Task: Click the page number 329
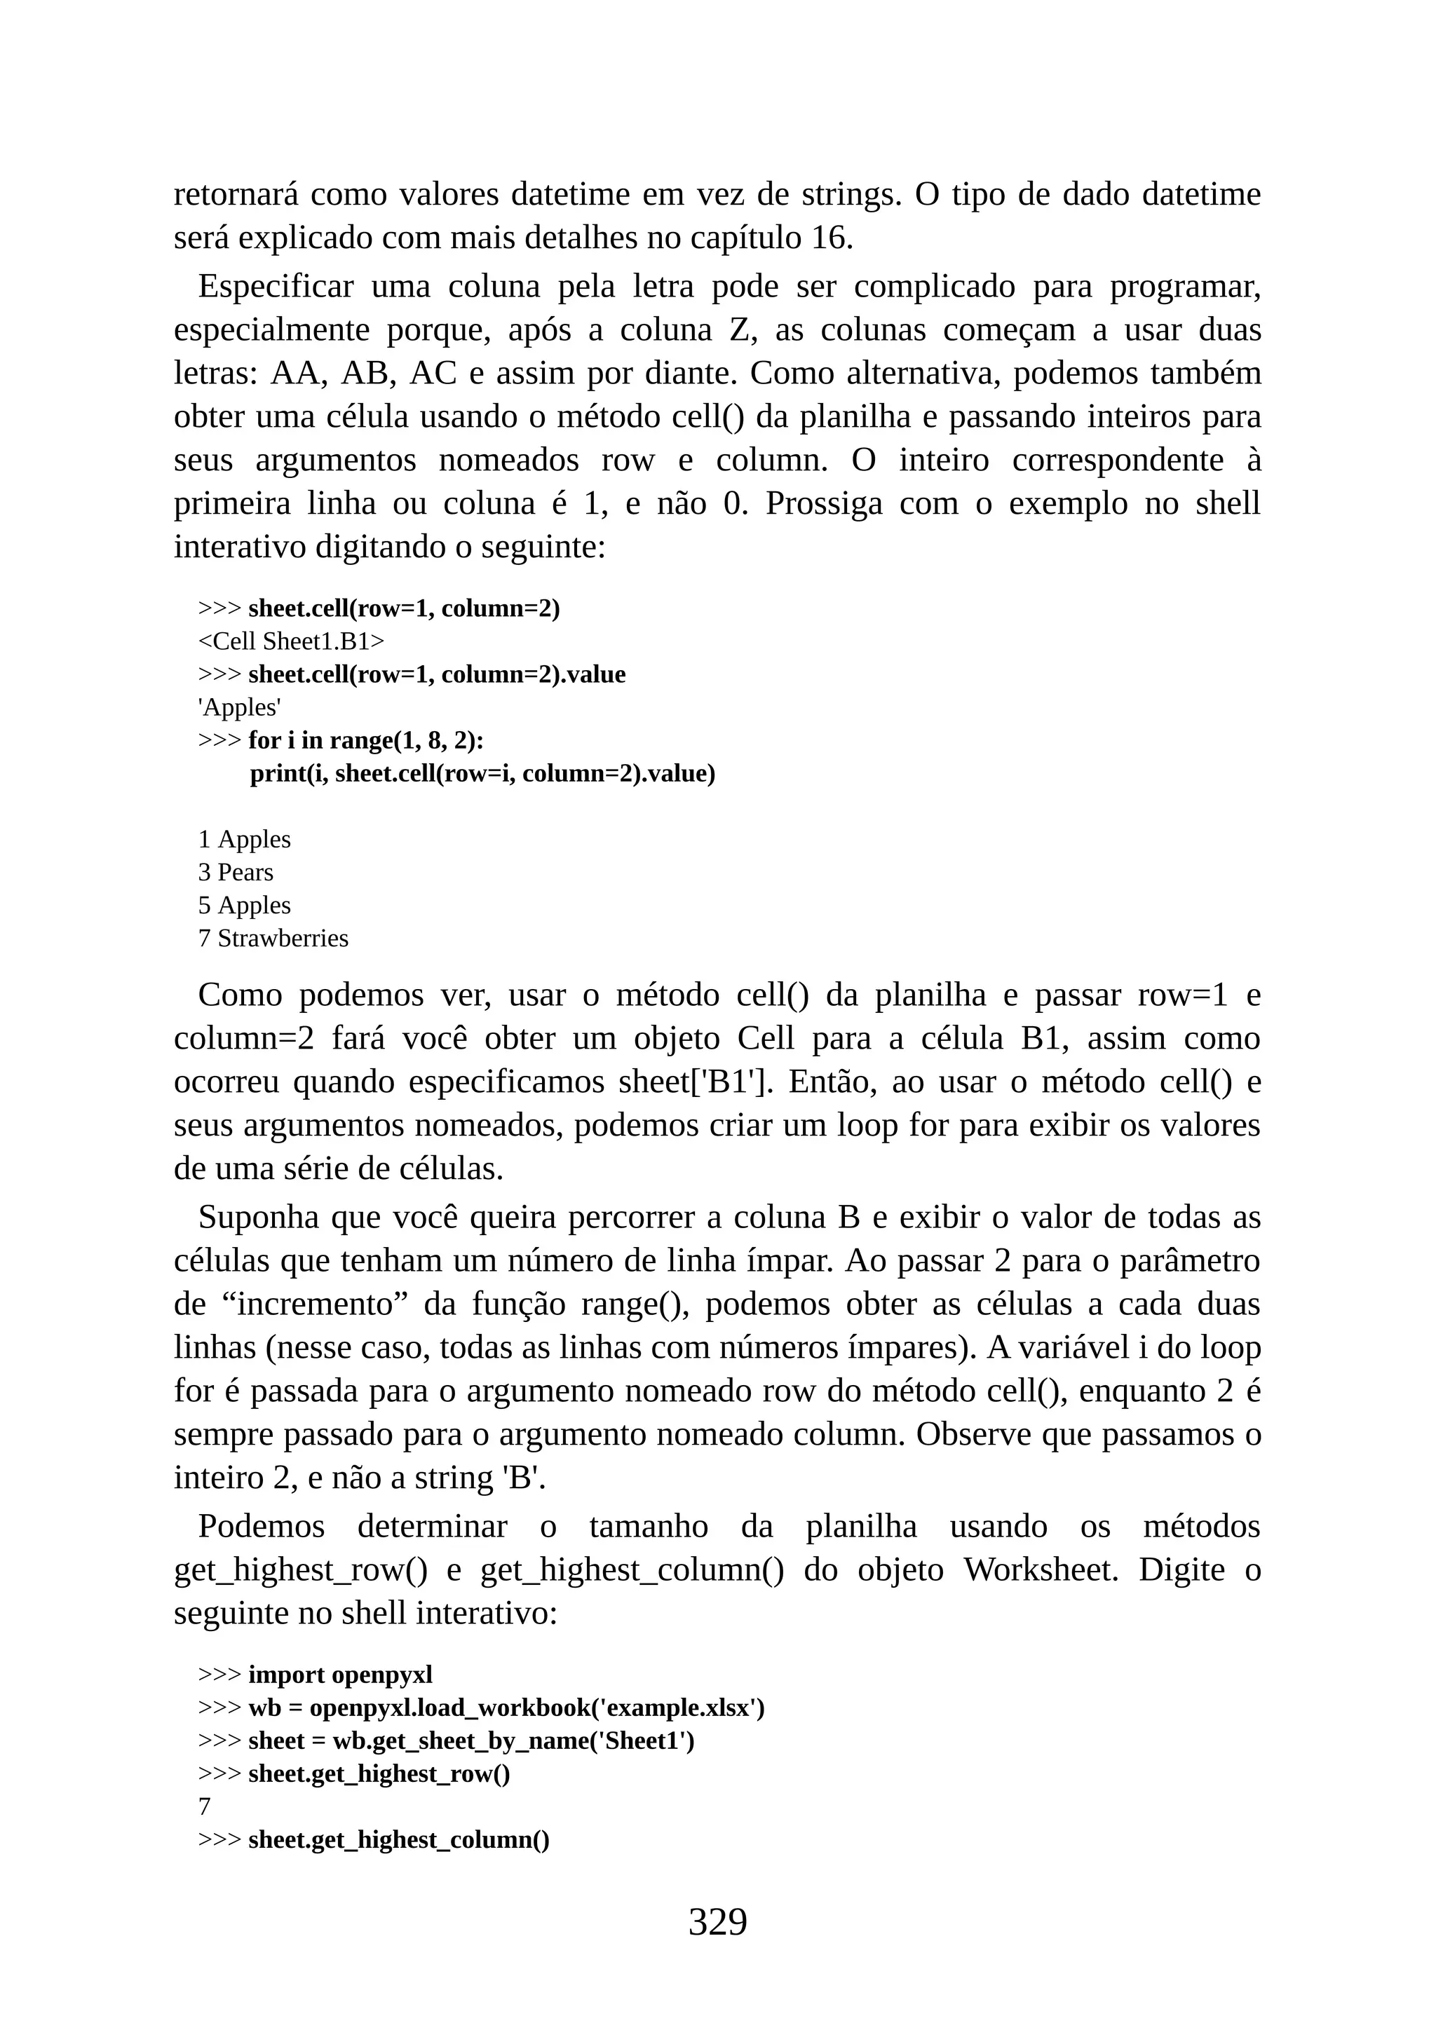tap(717, 1921)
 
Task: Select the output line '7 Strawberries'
tap(273, 938)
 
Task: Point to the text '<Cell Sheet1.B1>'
tap(291, 641)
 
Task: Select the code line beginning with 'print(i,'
tap(482, 774)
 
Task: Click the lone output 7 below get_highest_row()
tap(204, 1806)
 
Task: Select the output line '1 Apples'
tap(244, 839)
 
